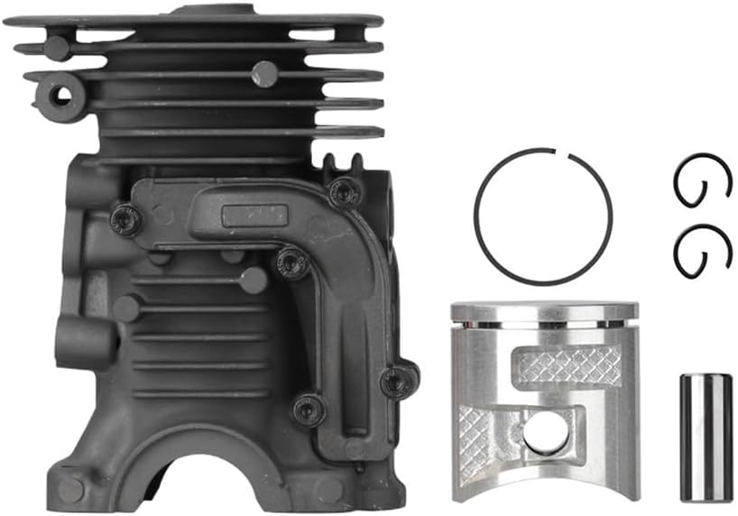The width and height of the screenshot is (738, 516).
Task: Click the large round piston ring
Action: pos(478,226)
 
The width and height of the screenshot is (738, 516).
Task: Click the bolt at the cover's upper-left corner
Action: pos(125,217)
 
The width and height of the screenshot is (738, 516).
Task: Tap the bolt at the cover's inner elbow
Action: pos(291,263)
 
